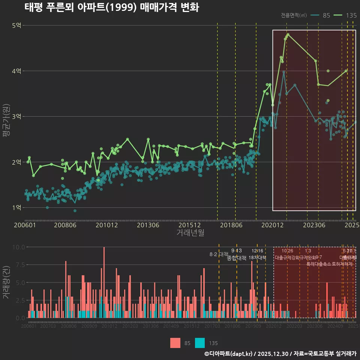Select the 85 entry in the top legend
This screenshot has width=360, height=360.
[x=326, y=15]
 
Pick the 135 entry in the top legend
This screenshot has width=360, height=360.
[x=351, y=15]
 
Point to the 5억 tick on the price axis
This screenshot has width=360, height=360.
[x=17, y=25]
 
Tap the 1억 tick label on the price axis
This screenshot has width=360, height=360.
[x=17, y=207]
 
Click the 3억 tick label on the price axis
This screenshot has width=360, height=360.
[x=17, y=117]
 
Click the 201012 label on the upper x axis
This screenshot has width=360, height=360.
[x=107, y=225]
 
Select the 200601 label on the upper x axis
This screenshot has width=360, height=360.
[x=25, y=225]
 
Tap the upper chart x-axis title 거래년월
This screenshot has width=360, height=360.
[x=190, y=232]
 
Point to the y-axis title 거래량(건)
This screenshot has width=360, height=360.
[x=6, y=282]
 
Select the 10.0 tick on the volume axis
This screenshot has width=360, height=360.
[x=19, y=247]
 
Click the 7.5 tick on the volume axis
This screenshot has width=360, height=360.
[x=19, y=265]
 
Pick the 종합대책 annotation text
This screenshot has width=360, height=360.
[x=237, y=258]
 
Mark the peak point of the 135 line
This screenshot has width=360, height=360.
[x=288, y=34]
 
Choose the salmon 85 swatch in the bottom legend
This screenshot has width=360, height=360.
[x=175, y=343]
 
